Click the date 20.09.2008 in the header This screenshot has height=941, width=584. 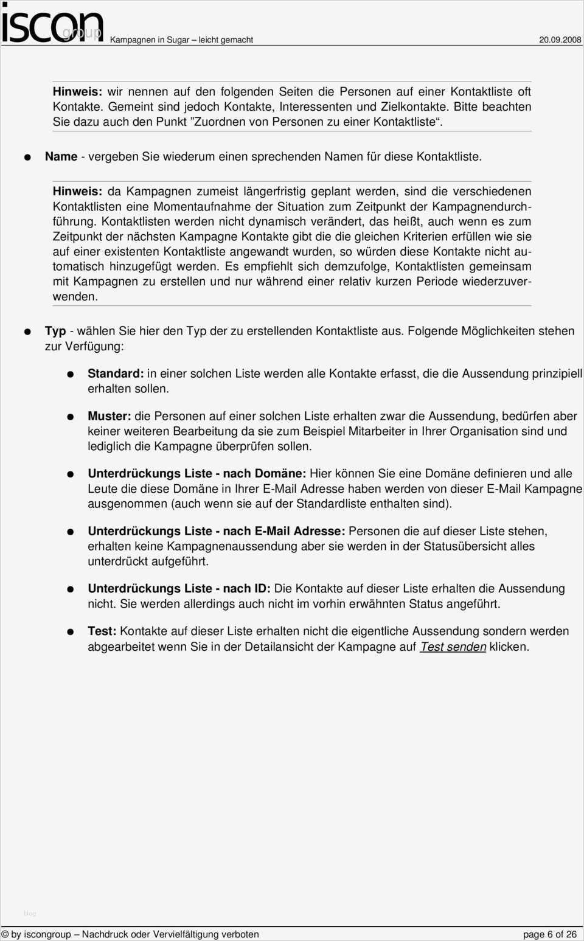point(560,40)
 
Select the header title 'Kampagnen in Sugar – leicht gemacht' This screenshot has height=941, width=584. point(181,40)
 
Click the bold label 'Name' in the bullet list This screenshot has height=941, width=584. point(61,156)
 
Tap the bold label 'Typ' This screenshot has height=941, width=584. point(55,331)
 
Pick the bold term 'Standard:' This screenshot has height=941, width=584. point(116,373)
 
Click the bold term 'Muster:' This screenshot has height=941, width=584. point(109,416)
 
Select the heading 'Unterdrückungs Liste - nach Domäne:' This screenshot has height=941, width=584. point(196,473)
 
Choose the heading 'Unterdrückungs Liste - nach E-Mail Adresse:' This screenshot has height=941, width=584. point(216,531)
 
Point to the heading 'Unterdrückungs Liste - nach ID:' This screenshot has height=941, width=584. point(179,588)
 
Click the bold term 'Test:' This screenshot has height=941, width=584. point(102,631)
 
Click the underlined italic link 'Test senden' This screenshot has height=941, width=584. point(453,647)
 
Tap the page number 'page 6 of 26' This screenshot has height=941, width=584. point(549,934)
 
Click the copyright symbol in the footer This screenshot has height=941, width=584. point(5,934)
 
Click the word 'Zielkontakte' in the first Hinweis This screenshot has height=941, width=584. point(414,106)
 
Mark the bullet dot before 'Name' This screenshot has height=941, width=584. point(27,157)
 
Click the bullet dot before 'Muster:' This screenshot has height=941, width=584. point(70,417)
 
